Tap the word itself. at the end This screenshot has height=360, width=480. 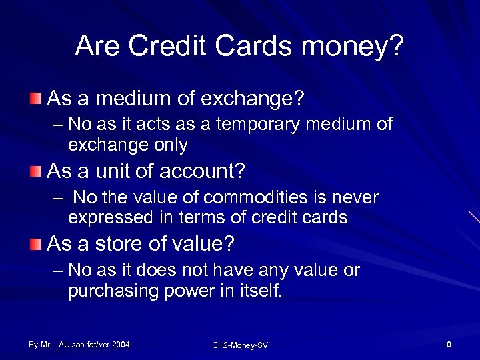coord(257,291)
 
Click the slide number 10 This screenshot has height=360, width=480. coord(446,345)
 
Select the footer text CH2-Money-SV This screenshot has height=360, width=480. coord(239,345)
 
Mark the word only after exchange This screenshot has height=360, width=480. coord(171,145)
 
